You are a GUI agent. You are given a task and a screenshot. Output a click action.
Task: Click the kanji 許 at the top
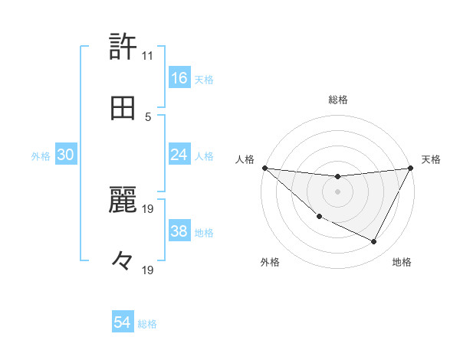[123, 47]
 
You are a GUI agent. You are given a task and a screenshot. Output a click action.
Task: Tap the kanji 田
[123, 108]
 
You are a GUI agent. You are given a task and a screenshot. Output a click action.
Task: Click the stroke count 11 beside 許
[147, 56]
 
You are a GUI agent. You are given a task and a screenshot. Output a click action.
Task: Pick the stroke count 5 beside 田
[147, 116]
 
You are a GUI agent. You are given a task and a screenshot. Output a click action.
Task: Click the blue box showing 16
[179, 78]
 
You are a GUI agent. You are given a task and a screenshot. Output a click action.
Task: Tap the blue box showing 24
[179, 155]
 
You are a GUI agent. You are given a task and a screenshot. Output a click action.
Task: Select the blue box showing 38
[179, 232]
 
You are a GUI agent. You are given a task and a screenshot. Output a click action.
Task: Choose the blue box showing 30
[66, 155]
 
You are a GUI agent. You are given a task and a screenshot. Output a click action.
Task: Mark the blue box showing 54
[123, 323]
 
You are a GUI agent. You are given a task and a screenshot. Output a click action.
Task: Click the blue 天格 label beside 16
[204, 79]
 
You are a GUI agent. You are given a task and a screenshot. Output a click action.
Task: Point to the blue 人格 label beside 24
[204, 155]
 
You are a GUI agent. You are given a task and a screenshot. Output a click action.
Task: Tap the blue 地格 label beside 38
[204, 233]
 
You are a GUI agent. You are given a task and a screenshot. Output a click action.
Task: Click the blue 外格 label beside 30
[41, 155]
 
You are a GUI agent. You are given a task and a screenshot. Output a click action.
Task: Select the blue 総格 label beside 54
[147, 324]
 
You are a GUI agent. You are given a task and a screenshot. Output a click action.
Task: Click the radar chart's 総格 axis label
[337, 100]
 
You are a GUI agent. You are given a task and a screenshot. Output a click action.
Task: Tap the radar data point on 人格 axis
[264, 168]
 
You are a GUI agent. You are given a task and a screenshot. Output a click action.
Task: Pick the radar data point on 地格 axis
[374, 242]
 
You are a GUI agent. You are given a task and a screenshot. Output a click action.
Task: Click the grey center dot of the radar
[337, 191]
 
